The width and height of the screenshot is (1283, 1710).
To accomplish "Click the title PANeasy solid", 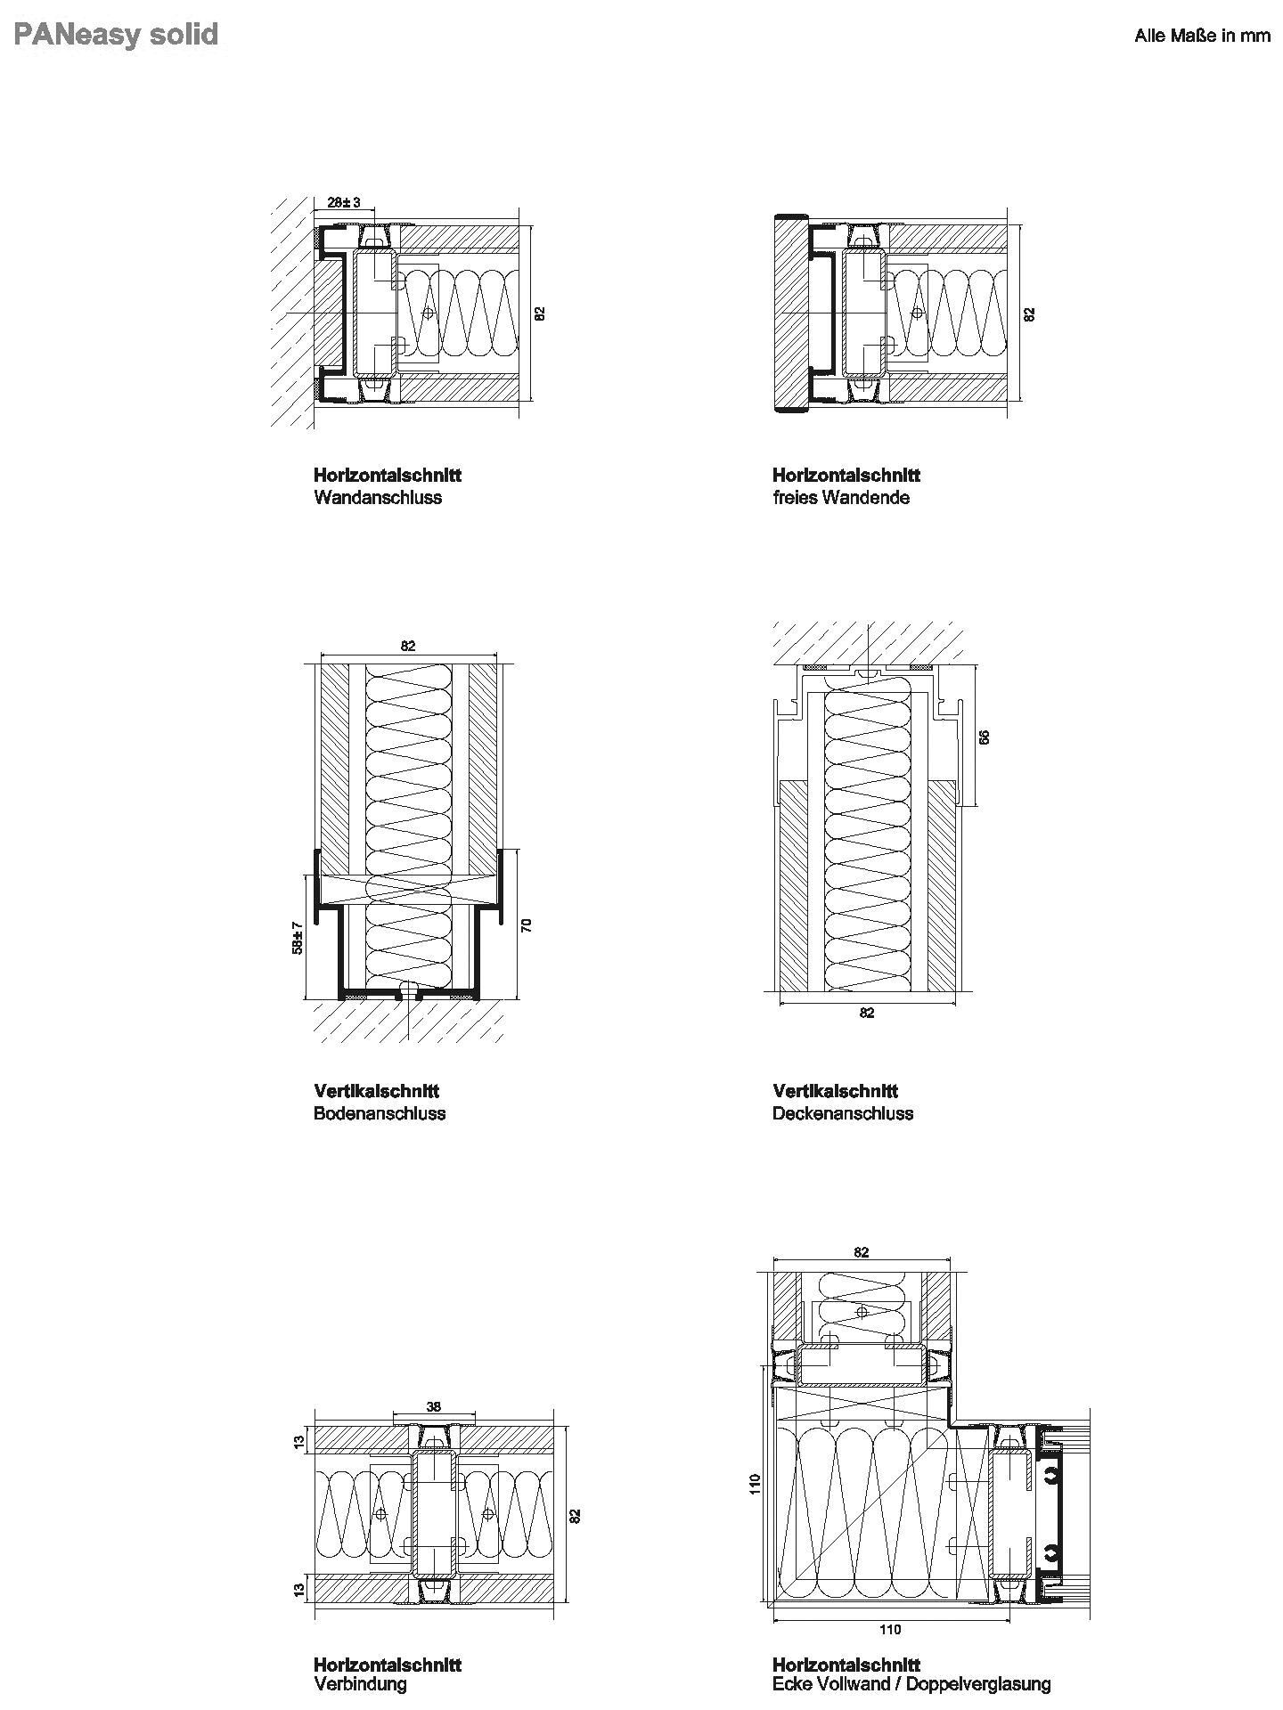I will pos(117,35).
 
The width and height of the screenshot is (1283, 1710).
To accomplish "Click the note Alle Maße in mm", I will pos(1202,36).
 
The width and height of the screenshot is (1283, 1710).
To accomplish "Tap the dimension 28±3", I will pos(344,202).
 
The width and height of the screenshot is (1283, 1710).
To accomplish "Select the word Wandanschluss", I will pos(378,498).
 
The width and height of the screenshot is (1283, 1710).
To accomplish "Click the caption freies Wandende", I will pos(841,498).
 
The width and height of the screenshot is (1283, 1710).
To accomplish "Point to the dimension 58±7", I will pos(298,938).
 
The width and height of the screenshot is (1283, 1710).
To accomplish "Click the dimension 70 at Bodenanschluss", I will pos(527,924).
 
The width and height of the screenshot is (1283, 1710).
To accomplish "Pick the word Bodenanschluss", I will pos(380,1113).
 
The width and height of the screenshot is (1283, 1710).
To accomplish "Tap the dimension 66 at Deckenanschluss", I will pos(984,737).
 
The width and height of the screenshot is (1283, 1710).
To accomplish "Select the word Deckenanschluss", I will pos(843,1113).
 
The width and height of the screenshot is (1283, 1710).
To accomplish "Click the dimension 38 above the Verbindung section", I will pos(434,1407).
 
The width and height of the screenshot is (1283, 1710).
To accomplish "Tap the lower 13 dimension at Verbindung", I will pos(299,1586).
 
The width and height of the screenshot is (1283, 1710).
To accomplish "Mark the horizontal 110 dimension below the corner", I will pos(890,1629).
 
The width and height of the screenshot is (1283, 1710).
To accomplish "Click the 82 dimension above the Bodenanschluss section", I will pos(408,646).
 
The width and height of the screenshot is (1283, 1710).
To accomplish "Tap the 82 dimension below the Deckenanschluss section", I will pos(867,1013).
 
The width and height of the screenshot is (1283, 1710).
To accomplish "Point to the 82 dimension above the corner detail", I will pos(861,1251).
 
